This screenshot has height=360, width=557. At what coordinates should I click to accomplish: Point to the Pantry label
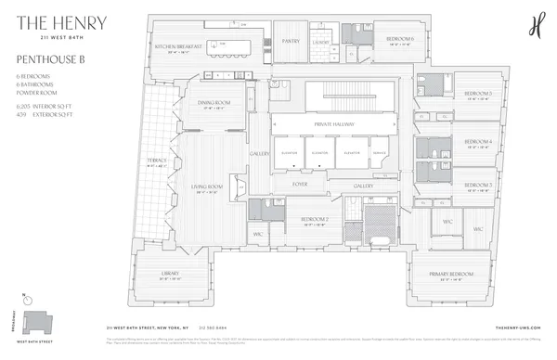291,41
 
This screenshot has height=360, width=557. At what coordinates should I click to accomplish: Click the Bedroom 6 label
400,38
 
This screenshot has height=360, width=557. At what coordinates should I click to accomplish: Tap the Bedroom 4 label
478,141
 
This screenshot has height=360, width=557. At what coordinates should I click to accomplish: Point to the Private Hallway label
330,123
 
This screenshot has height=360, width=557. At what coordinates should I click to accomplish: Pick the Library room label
170,273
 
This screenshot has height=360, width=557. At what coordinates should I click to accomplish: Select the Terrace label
155,161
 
